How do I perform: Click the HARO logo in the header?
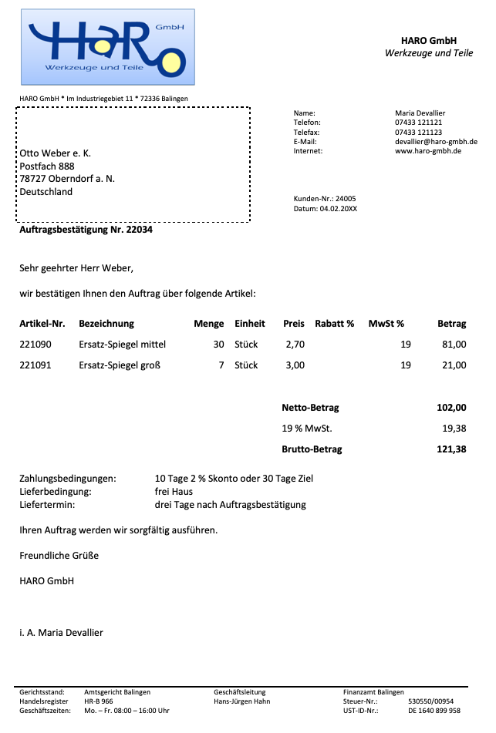tap(107, 46)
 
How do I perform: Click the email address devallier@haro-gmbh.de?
tap(436, 142)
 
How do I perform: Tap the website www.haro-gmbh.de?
tap(427, 151)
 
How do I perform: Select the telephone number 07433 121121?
tap(418, 123)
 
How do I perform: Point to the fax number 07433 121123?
tap(418, 132)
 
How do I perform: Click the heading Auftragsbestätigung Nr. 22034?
tap(86, 230)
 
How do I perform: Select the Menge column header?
tap(209, 324)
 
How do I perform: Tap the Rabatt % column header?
tap(335, 324)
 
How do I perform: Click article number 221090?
tap(35, 345)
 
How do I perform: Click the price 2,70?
tap(295, 345)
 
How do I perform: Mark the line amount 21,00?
tap(454, 365)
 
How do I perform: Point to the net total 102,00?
tap(451, 408)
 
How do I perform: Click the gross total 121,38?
tap(451, 449)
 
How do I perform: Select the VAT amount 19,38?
tap(454, 429)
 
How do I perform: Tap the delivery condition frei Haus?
tap(174, 492)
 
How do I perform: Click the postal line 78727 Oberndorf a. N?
tap(67, 179)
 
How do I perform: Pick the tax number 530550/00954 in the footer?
tap(430, 701)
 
